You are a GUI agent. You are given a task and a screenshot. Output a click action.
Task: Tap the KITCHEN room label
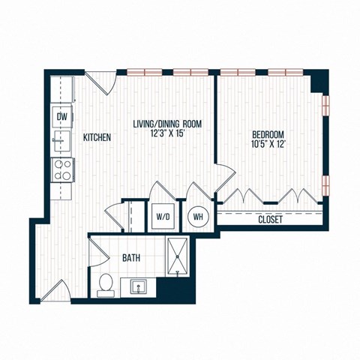pyautogui.click(x=97, y=137)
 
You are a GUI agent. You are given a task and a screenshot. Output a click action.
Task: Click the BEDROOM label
pyautogui.click(x=271, y=137)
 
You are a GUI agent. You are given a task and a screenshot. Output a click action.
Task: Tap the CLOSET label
pyautogui.click(x=270, y=220)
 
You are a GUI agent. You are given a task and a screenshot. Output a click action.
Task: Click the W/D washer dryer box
pyautogui.click(x=163, y=217)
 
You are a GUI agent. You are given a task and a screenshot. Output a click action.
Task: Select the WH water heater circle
pyautogui.click(x=199, y=216)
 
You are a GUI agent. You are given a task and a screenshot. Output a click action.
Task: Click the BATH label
pyautogui.click(x=131, y=258)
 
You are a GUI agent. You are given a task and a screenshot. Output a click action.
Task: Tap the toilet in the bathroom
pyautogui.click(x=106, y=284)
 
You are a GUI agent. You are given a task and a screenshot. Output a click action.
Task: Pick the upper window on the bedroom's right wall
pyautogui.click(x=325, y=105)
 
